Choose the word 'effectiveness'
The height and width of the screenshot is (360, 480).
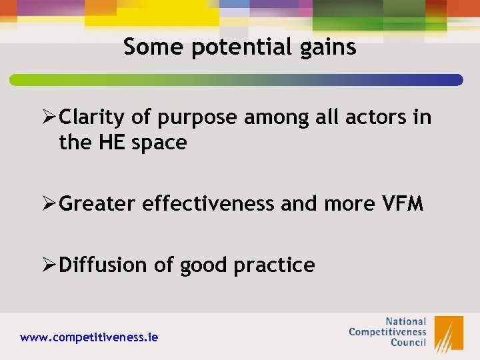[209, 203]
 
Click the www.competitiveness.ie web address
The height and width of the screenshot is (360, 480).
[89, 337]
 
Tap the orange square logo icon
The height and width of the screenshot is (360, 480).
[449, 333]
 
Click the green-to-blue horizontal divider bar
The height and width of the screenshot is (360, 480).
[236, 80]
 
